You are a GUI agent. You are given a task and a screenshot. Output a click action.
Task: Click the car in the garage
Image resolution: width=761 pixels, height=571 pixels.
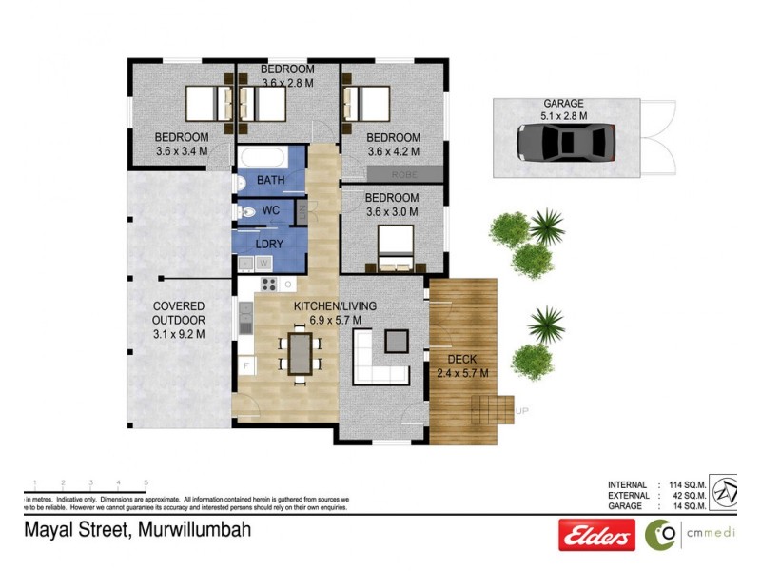(564, 143)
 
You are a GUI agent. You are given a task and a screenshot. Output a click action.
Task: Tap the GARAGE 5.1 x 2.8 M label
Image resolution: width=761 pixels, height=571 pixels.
(563, 109)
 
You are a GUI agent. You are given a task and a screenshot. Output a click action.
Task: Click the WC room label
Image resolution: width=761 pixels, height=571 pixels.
(270, 210)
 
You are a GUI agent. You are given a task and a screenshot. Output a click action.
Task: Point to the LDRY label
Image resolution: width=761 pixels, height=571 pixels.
(269, 243)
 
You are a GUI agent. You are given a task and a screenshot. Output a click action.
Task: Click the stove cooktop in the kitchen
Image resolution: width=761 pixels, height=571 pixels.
(268, 284)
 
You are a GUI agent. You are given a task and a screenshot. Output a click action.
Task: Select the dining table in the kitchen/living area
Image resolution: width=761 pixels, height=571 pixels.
(300, 351)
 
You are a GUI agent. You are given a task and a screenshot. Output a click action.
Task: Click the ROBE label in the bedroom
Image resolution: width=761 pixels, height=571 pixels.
(403, 174)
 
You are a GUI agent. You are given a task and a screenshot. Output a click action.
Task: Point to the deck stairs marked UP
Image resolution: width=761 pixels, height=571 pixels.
(495, 412)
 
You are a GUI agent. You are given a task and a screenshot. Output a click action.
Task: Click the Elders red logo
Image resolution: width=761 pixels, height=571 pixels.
(596, 536)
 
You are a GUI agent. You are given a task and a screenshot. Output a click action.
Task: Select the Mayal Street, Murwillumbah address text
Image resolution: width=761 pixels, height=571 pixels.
(137, 530)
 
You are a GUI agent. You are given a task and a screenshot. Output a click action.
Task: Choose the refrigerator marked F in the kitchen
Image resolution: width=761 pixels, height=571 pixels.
(245, 365)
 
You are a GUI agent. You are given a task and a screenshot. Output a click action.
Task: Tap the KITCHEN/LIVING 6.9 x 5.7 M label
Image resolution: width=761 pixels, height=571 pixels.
(334, 313)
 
